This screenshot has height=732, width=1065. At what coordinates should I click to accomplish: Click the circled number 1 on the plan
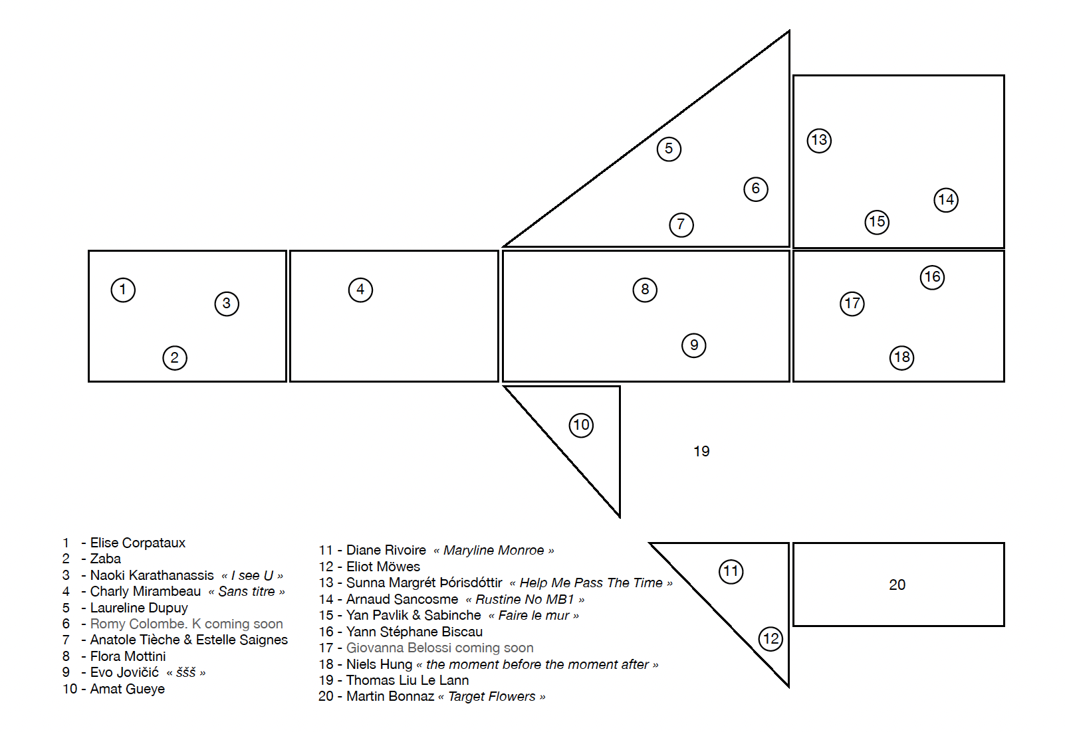click(x=123, y=290)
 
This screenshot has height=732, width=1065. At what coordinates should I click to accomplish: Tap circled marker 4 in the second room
click(x=360, y=290)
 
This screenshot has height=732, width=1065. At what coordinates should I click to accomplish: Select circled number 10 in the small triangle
click(x=581, y=425)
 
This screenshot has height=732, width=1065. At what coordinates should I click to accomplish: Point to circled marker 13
click(x=819, y=141)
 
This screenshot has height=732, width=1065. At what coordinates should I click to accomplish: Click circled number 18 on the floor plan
click(x=902, y=357)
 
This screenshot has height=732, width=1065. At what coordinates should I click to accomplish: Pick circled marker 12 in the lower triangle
click(x=770, y=639)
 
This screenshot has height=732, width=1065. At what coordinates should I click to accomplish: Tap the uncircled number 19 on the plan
click(x=701, y=451)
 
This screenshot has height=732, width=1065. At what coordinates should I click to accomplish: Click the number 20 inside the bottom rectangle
click(x=897, y=585)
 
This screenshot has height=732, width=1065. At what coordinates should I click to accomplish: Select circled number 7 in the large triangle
click(x=681, y=225)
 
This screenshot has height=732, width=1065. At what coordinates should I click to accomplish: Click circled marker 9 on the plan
click(x=693, y=345)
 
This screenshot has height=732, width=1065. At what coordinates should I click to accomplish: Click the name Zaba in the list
click(x=106, y=559)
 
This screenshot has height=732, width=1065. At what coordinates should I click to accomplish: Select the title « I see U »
click(x=253, y=576)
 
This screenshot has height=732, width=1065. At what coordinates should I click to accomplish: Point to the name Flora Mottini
click(x=128, y=656)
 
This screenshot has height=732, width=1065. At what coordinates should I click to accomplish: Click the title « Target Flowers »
click(x=491, y=697)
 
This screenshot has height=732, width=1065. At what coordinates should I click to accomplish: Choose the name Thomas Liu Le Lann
click(x=408, y=680)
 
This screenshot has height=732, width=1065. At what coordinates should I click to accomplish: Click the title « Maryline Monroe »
click(x=494, y=551)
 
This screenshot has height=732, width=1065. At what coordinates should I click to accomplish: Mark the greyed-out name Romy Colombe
click(x=139, y=624)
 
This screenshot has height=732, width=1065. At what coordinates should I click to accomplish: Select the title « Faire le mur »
click(x=534, y=616)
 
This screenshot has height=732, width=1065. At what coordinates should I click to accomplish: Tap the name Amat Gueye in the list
click(x=128, y=689)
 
